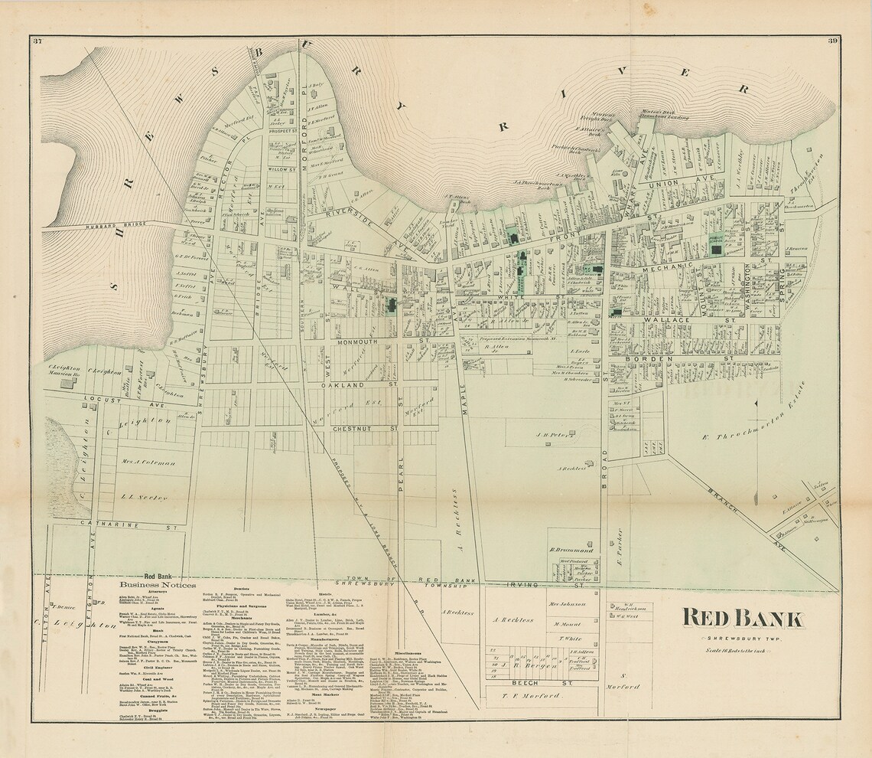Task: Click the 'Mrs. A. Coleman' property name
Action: (148, 462)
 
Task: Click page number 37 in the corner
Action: (37, 41)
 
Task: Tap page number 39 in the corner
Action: (831, 41)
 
